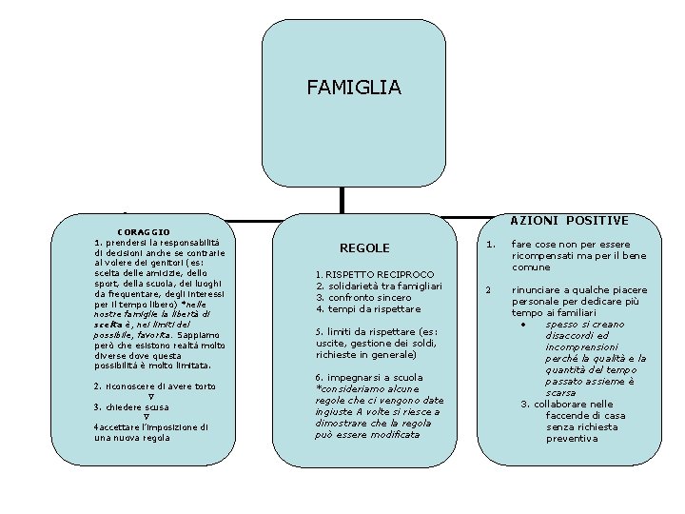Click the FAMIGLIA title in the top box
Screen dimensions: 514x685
[x=354, y=88]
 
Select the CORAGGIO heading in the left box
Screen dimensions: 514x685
[x=144, y=231]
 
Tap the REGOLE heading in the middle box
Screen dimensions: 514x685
[x=364, y=247]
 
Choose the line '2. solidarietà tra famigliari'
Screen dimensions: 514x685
[x=378, y=286]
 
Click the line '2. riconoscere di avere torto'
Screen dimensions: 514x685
[x=155, y=386]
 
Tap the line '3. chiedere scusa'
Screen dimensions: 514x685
[x=131, y=407]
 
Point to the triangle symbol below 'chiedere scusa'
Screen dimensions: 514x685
[x=146, y=417]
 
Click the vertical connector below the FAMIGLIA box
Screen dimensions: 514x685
[x=342, y=199]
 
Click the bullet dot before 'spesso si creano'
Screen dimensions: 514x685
[x=523, y=325]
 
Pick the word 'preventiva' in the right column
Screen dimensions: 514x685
[x=573, y=439]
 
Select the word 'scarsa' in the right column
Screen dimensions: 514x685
[x=560, y=392]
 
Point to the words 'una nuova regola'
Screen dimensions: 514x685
[x=132, y=438]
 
